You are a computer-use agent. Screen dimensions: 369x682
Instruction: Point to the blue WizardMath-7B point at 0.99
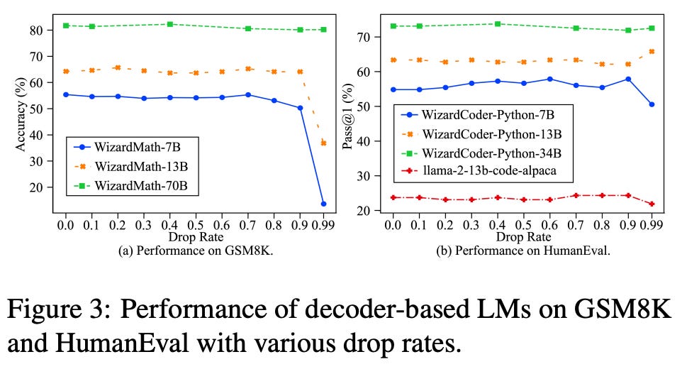323,204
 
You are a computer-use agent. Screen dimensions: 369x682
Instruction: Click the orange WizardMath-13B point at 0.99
323,143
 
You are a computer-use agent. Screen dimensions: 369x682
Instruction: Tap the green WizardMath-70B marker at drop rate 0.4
169,24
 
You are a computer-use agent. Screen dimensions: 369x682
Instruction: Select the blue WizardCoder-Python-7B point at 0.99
652,104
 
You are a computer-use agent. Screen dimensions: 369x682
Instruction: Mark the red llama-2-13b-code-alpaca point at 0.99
652,204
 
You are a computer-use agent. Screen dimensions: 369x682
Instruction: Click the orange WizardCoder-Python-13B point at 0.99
652,51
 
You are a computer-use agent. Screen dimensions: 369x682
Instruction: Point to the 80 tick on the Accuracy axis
44,30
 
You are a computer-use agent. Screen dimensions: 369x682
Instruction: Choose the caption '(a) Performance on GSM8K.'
194,250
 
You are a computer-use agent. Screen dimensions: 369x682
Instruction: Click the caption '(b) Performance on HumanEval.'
521,250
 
